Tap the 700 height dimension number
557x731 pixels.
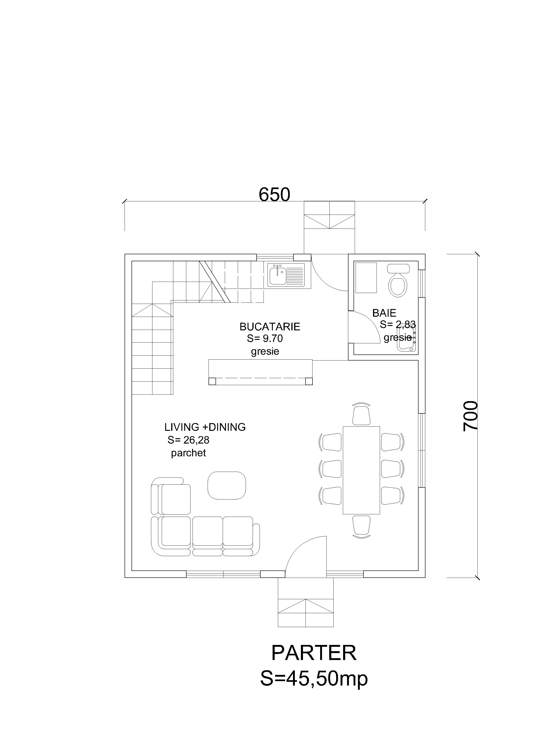pos(470,416)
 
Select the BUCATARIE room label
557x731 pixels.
pos(270,327)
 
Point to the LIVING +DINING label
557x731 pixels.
pos(205,427)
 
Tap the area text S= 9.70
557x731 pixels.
pos(265,338)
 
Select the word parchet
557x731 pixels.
pos(188,453)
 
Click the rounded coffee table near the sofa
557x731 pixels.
pos(227,485)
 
